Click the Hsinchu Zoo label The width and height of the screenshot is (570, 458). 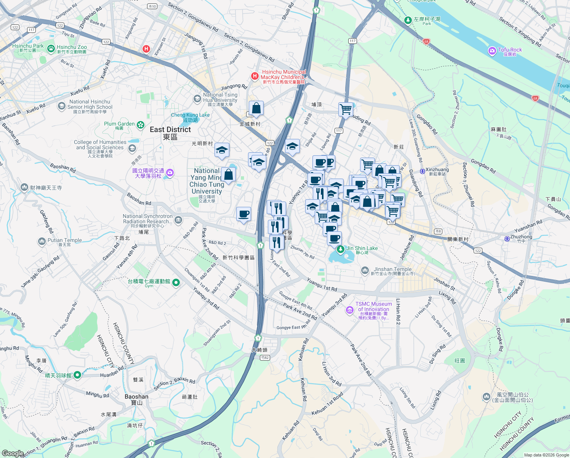pyautogui.click(x=72, y=47)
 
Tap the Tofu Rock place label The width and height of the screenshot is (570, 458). pyautogui.click(x=510, y=50)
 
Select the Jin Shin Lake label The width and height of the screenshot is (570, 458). pyautogui.click(x=362, y=248)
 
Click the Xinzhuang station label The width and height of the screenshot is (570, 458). pyautogui.click(x=437, y=170)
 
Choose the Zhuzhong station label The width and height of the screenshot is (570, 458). pyautogui.click(x=521, y=237)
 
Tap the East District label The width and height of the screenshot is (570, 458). pyautogui.click(x=170, y=130)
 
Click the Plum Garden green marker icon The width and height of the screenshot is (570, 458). pyautogui.click(x=141, y=125)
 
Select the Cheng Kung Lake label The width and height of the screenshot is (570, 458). pyautogui.click(x=190, y=115)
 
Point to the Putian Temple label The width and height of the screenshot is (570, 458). pyautogui.click(x=64, y=240)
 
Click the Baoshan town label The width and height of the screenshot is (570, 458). pyautogui.click(x=136, y=397)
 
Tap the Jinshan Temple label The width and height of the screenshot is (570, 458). pyautogui.click(x=392, y=269)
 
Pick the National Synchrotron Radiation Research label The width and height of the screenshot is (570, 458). pyautogui.click(x=147, y=219)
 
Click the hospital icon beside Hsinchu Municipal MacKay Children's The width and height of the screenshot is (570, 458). pyautogui.click(x=255, y=76)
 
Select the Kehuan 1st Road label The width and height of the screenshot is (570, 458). pyautogui.click(x=327, y=405)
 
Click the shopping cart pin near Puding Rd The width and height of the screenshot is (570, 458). pyautogui.click(x=346, y=109)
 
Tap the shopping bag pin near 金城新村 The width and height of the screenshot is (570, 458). pyautogui.click(x=256, y=108)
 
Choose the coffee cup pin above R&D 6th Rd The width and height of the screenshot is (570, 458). pyautogui.click(x=243, y=214)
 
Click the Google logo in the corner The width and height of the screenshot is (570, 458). pyautogui.click(x=13, y=453)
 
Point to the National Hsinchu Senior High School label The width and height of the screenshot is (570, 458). pyautogui.click(x=90, y=105)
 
